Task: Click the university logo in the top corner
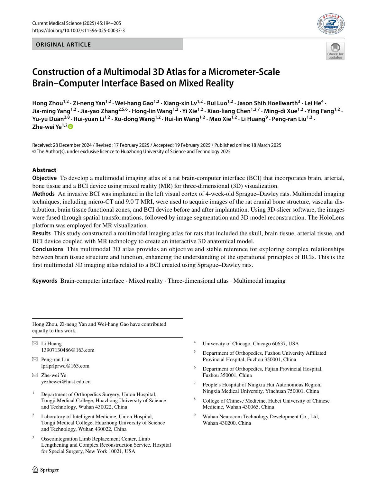(331, 24)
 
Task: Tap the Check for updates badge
(335, 51)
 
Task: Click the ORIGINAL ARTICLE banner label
(63, 45)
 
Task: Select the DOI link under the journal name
(78, 31)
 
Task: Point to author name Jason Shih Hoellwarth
(267, 103)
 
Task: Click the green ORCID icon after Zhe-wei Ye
(70, 127)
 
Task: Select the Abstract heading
(44, 170)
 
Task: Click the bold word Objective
(44, 178)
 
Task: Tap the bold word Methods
(43, 194)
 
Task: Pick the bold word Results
(41, 233)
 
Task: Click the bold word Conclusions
(48, 249)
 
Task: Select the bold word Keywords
(45, 281)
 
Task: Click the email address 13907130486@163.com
(68, 350)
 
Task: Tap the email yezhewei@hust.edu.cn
(66, 382)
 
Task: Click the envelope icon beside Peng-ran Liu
(35, 359)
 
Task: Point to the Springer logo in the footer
(46, 470)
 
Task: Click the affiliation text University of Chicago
(227, 344)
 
